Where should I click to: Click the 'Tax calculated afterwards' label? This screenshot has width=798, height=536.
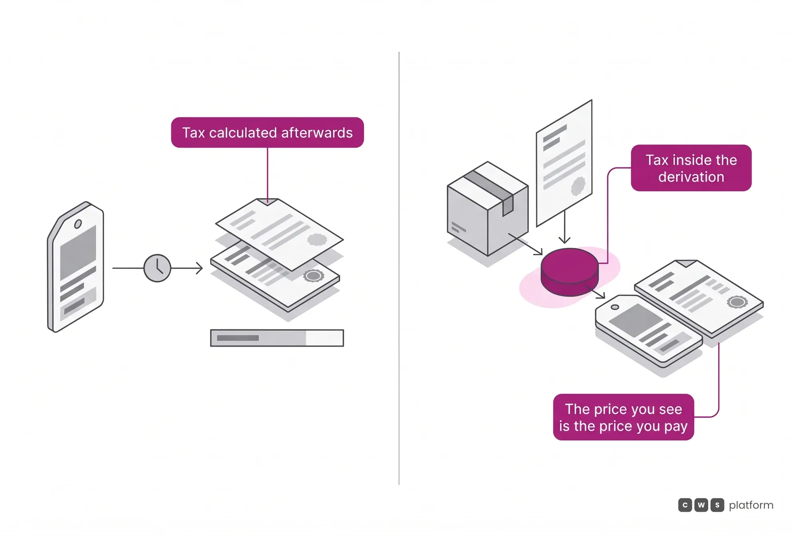pos(267,133)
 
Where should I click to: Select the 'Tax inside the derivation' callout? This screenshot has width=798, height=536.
pos(691,168)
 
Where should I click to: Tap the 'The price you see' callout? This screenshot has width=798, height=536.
pos(624,417)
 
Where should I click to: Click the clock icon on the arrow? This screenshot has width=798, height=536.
pos(157,268)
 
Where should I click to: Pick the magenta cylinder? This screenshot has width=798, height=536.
pos(570,272)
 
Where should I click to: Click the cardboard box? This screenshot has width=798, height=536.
pos(488,208)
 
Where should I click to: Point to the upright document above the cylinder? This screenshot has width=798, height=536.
pos(564,163)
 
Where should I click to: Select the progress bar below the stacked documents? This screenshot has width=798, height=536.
pos(277,338)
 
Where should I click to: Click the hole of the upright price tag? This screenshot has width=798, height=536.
pos(78,224)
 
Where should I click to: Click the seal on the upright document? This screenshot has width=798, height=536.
pos(578,186)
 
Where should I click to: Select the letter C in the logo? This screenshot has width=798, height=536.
pos(685,505)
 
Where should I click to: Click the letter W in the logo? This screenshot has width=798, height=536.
pos(701,505)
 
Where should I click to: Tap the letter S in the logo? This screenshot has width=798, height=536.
pos(717,505)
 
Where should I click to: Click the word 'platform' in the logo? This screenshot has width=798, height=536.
pos(751,506)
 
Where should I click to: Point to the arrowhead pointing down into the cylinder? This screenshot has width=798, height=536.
pos(564,240)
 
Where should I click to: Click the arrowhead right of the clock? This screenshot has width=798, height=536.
pos(199,268)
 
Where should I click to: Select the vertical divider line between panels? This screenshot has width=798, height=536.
pos(399,268)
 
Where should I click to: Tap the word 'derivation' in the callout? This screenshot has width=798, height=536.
pos(691,177)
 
